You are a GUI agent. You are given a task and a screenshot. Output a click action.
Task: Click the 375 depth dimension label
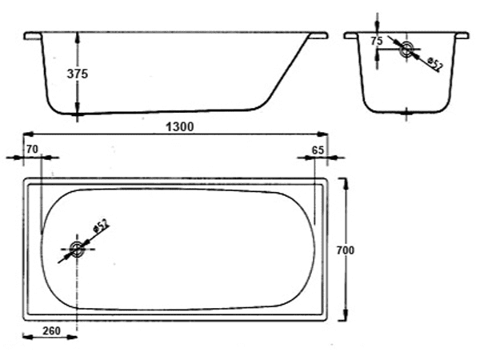pyautogui.click(x=78, y=74)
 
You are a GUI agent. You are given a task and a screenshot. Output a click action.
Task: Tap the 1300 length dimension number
pyautogui.click(x=180, y=126)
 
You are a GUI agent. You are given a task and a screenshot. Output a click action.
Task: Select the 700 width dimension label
pyautogui.click(x=346, y=250)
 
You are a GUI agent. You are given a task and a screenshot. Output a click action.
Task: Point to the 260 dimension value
pyautogui.click(x=51, y=331)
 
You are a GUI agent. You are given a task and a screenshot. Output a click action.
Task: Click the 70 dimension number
pyautogui.click(x=32, y=150)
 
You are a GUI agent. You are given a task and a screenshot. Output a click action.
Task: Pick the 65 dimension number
pyautogui.click(x=318, y=150)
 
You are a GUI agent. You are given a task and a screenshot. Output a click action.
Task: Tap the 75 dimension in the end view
pyautogui.click(x=377, y=41)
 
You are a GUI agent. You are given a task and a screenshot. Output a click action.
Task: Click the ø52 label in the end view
pyautogui.click(x=435, y=64)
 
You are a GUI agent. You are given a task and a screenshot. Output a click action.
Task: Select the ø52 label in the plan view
pyautogui.click(x=102, y=226)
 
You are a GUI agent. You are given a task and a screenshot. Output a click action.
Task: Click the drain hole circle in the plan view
pyautogui.click(x=77, y=249)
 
